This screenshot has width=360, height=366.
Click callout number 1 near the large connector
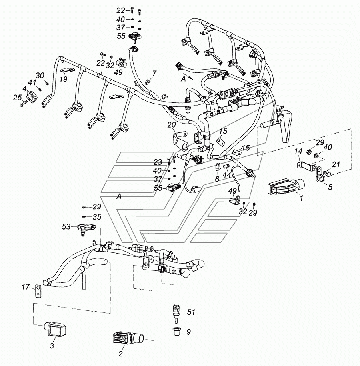pyautogui.click(x=302, y=197)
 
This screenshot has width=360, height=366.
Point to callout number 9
pyautogui.click(x=189, y=331)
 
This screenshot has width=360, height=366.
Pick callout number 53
pyautogui.click(x=66, y=227)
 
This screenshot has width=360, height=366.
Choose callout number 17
pyautogui.click(x=26, y=287)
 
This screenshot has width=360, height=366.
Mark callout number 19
pyautogui.click(x=63, y=79)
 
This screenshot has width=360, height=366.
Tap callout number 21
pyautogui.click(x=336, y=164)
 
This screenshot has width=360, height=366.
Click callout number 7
pyautogui.click(x=154, y=73)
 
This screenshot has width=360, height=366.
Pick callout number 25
pyautogui.click(x=16, y=97)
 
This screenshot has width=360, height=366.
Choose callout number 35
pyautogui.click(x=97, y=217)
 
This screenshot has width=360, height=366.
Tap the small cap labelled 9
pyautogui.click(x=176, y=331)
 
